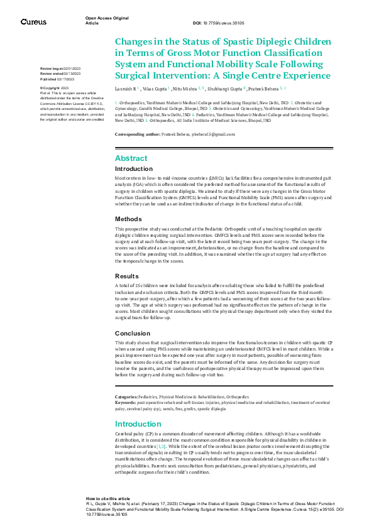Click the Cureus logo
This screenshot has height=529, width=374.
point(33,22)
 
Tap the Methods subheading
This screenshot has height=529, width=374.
point(129,219)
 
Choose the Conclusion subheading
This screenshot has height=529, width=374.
point(133,333)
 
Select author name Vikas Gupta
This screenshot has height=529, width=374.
point(153,90)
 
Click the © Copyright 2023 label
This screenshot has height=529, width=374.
point(55,89)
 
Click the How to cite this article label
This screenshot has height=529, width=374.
point(108,498)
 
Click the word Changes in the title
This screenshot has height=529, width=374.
point(135,41)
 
